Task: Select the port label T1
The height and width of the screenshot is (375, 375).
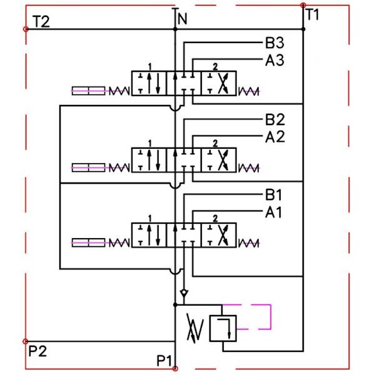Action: point(312,15)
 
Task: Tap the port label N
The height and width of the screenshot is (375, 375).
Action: point(182,19)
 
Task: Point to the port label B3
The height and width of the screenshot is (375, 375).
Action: point(274,44)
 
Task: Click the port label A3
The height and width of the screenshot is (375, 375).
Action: point(274,60)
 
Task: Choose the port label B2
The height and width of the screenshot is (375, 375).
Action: point(274,119)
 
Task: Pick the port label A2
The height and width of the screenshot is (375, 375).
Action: point(274,136)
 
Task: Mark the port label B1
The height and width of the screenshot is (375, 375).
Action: point(274,195)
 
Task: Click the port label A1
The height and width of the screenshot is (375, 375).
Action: point(274,212)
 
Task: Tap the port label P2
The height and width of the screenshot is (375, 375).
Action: point(37,351)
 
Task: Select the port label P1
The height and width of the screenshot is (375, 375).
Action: point(164,361)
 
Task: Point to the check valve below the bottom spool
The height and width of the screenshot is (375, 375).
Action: point(182,292)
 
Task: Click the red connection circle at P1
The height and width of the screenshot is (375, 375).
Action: point(175,368)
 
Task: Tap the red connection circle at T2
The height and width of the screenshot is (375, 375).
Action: point(25,29)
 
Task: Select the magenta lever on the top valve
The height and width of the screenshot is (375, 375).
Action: point(88,91)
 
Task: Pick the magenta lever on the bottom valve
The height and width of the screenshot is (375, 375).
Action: point(88,242)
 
